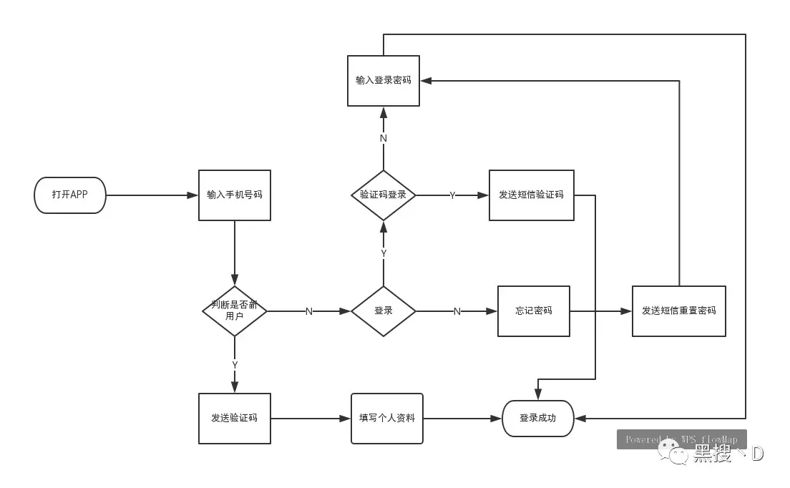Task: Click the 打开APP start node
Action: [x=70, y=195]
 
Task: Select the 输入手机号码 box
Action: [x=235, y=195]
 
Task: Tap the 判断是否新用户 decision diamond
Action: [x=235, y=311]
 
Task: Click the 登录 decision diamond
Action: [x=384, y=311]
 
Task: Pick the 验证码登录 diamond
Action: [x=384, y=195]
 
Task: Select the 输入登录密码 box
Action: [x=384, y=81]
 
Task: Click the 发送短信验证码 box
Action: [x=532, y=195]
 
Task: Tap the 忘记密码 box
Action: [x=534, y=311]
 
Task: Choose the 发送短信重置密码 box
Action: [x=679, y=311]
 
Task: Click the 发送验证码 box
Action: [x=235, y=419]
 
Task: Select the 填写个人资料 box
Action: [x=387, y=419]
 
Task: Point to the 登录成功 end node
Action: [x=538, y=419]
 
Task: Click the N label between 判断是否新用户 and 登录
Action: [x=309, y=311]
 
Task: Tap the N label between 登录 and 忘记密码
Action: [x=457, y=311]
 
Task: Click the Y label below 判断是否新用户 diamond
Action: [x=235, y=365]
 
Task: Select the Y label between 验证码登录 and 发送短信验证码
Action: [x=452, y=195]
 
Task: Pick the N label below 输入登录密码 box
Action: [x=384, y=138]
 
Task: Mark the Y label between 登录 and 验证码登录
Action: [x=384, y=253]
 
